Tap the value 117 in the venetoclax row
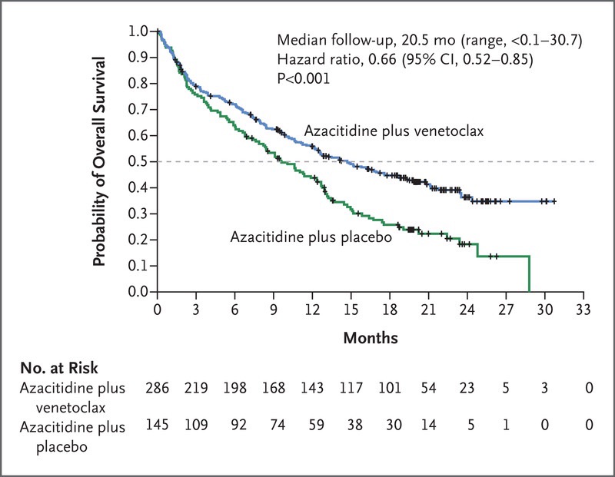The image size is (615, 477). point(354,390)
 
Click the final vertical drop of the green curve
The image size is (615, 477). point(529,274)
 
